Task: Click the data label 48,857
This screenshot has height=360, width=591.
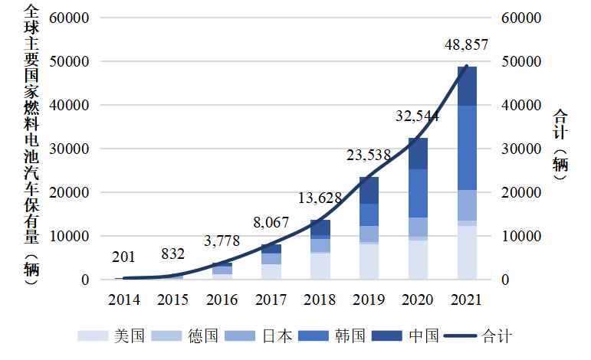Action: (x=466, y=46)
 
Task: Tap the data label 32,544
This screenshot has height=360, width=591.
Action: (x=417, y=116)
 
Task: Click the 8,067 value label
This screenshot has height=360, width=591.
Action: (x=271, y=224)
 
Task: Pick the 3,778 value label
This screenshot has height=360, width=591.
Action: (x=222, y=241)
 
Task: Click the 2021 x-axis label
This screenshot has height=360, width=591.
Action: (x=467, y=299)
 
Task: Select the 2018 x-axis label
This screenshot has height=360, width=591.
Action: (x=320, y=299)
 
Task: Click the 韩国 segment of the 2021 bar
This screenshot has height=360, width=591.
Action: (x=467, y=147)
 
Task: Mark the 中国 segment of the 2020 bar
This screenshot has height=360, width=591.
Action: (x=418, y=153)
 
